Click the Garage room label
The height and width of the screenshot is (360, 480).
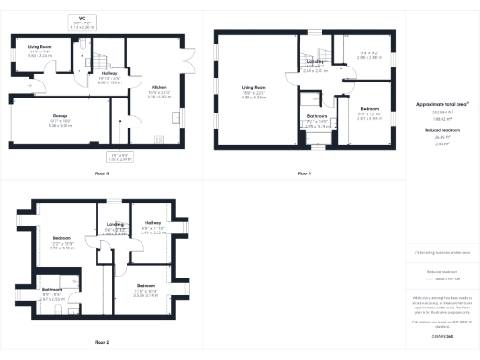coord(40,116)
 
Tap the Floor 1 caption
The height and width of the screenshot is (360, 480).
coord(304,173)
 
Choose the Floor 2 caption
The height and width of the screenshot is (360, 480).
coord(101,342)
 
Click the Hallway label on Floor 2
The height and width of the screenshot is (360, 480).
coord(153,223)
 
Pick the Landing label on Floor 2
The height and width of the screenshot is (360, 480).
coord(116,224)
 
